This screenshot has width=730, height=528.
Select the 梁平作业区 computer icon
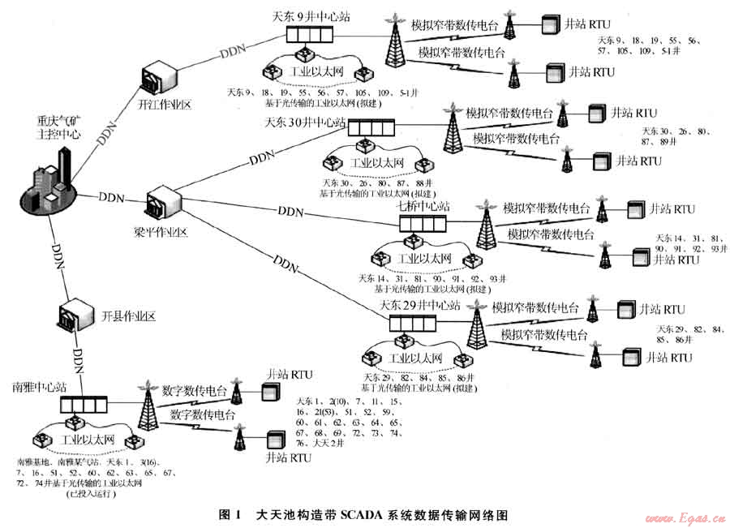[161, 206]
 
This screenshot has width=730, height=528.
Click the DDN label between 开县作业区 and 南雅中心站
[79, 356]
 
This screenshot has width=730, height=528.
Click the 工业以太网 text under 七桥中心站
[419, 260]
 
